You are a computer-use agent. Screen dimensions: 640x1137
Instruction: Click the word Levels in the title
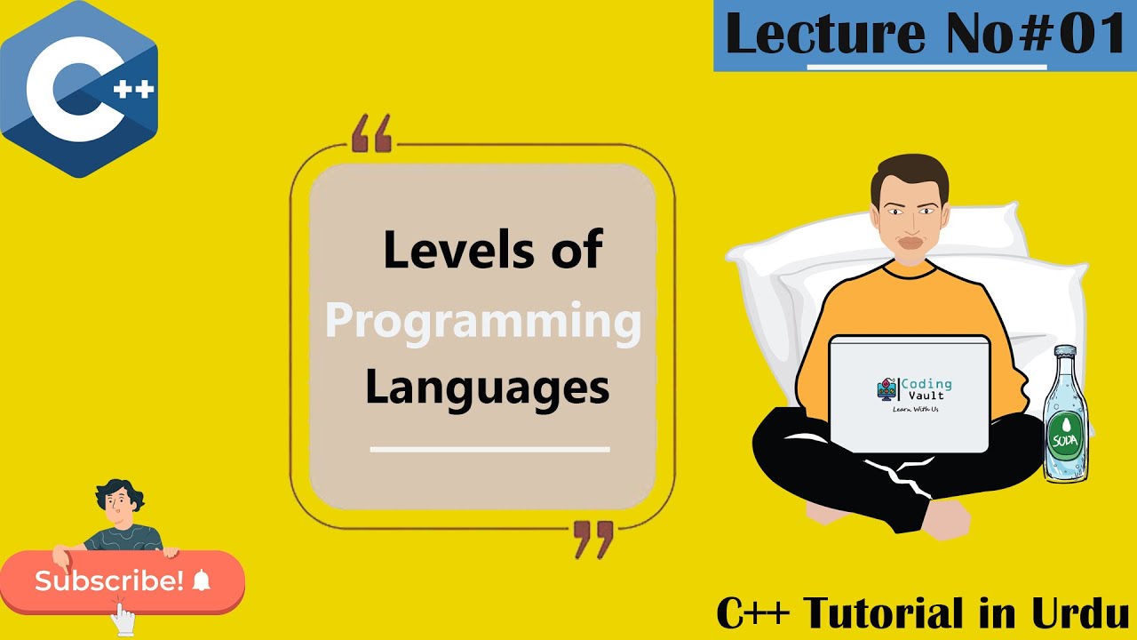pyautogui.click(x=443, y=251)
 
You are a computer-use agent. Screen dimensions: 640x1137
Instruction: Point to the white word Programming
pyautogui.click(x=483, y=321)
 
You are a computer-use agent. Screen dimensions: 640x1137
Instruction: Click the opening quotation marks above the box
pyautogui.click(x=371, y=134)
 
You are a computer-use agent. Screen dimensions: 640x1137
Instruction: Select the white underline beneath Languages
pyautogui.click(x=489, y=449)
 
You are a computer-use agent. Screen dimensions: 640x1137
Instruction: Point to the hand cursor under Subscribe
pyautogui.click(x=122, y=615)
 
